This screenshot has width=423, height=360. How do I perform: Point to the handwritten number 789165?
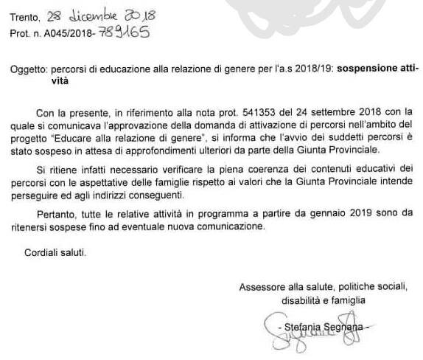(125, 34)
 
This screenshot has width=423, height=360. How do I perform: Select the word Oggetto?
(28, 69)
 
